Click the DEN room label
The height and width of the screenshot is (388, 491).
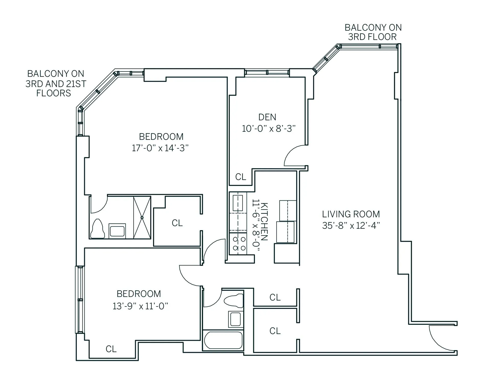pos(267,117)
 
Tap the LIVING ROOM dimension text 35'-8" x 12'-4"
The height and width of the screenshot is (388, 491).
pos(351,226)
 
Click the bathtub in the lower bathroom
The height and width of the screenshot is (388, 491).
pos(223,340)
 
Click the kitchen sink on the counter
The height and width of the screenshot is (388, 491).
pos(238,203)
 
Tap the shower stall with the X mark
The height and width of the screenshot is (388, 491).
pos(142,217)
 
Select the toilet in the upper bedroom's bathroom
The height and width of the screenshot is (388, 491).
pos(97,229)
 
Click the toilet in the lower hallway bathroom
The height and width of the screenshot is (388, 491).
pos(233,301)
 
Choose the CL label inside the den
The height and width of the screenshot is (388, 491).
pos(241,177)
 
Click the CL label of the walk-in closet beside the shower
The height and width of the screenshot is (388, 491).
pos(177,223)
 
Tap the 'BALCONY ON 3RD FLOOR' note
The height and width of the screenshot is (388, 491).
pos(373,32)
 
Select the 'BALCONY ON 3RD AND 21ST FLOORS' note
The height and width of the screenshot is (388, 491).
pos(55,83)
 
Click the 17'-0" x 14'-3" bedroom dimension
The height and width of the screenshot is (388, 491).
pos(160,148)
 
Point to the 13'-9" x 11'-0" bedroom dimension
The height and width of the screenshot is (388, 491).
pos(140,306)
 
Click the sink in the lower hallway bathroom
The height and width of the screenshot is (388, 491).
pos(236,319)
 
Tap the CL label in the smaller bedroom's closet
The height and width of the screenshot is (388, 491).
pos(111,349)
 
